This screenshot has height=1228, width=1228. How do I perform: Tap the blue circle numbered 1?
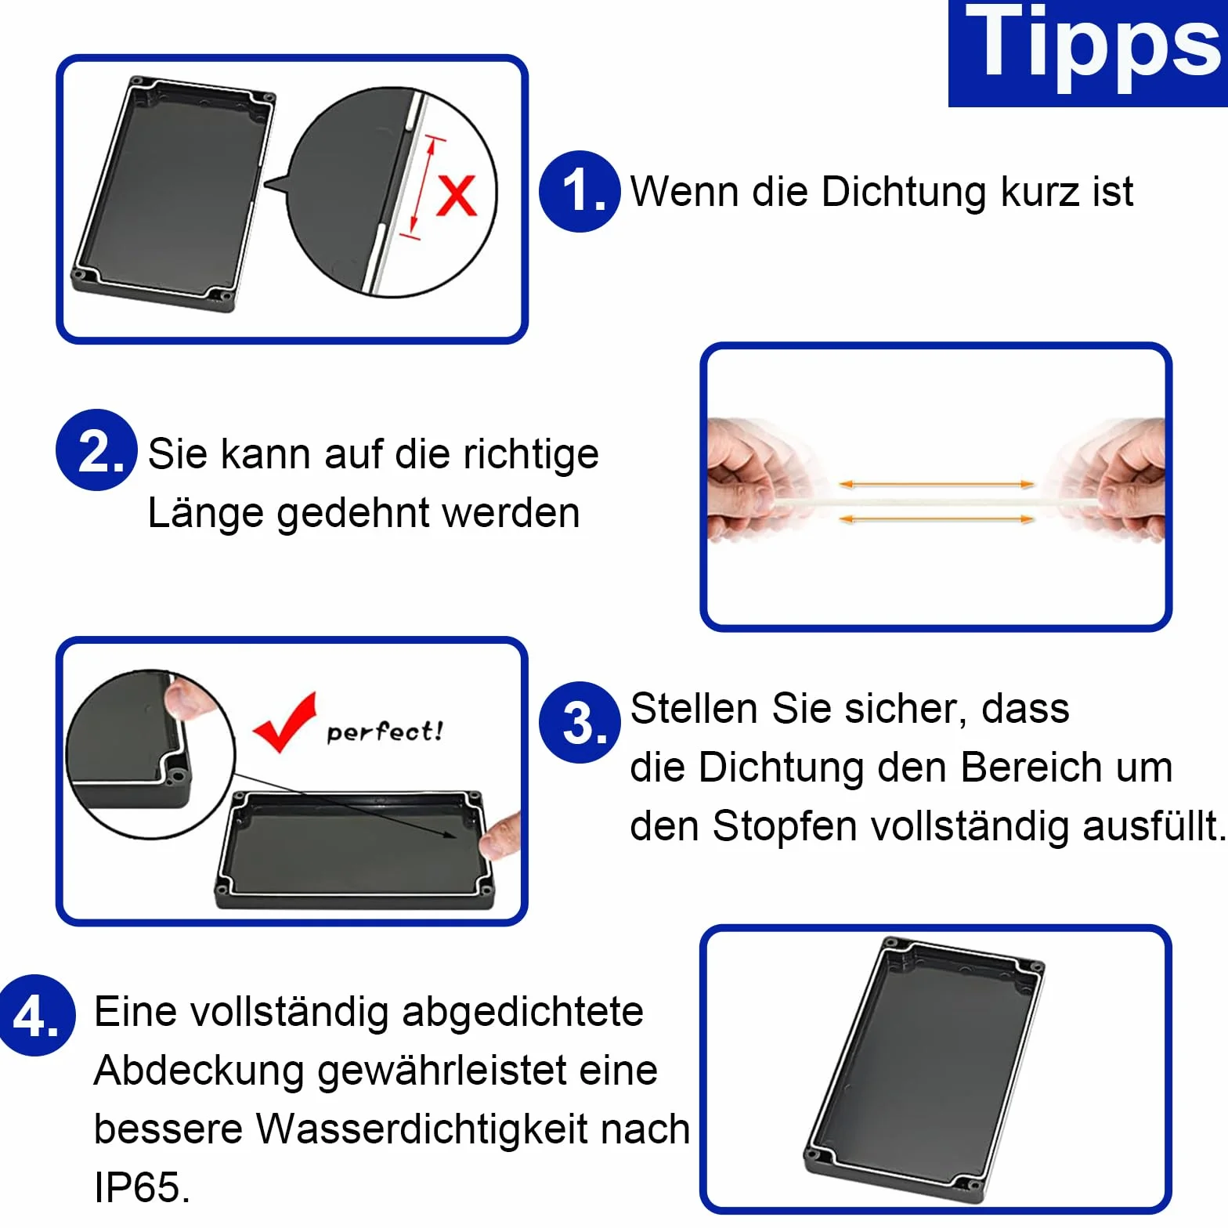pyautogui.click(x=580, y=192)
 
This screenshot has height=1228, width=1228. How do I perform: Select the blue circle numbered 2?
pyautogui.click(x=96, y=450)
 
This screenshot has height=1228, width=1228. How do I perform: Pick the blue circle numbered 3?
pyautogui.click(x=580, y=723)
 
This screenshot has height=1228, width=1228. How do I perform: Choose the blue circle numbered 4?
pyautogui.click(x=35, y=1016)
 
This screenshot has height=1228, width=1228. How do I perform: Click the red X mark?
pyautogui.click(x=456, y=195)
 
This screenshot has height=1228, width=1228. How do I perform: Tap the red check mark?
pyautogui.click(x=284, y=722)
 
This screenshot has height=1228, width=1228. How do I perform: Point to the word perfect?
pyautogui.click(x=385, y=731)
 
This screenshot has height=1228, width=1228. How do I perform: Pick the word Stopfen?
pyautogui.click(x=785, y=827)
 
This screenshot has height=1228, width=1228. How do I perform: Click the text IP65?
pyautogui.click(x=142, y=1187)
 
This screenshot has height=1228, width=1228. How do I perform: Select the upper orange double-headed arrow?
pyautogui.click(x=937, y=485)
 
